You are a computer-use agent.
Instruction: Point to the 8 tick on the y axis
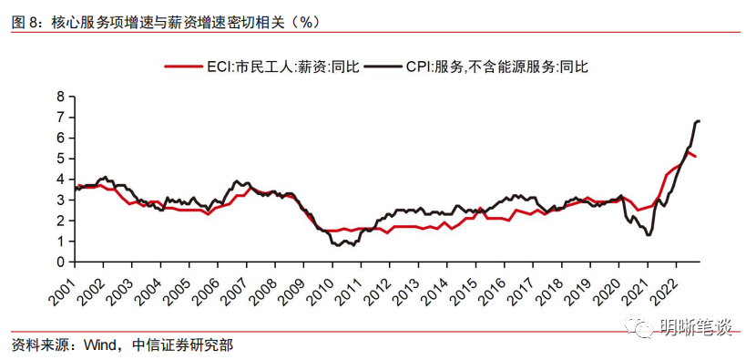coord(60,96)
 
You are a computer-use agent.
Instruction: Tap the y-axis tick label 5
coord(60,158)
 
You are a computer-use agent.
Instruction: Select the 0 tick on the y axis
coord(60,262)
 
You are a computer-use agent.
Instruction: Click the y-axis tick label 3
coord(60,200)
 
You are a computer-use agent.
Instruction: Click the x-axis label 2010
coord(324,290)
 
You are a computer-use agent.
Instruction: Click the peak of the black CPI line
coord(698,120)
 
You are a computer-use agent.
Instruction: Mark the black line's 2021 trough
coord(648,235)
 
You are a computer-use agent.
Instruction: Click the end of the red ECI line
coord(697,157)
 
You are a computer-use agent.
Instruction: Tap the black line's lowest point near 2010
coord(339,245)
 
